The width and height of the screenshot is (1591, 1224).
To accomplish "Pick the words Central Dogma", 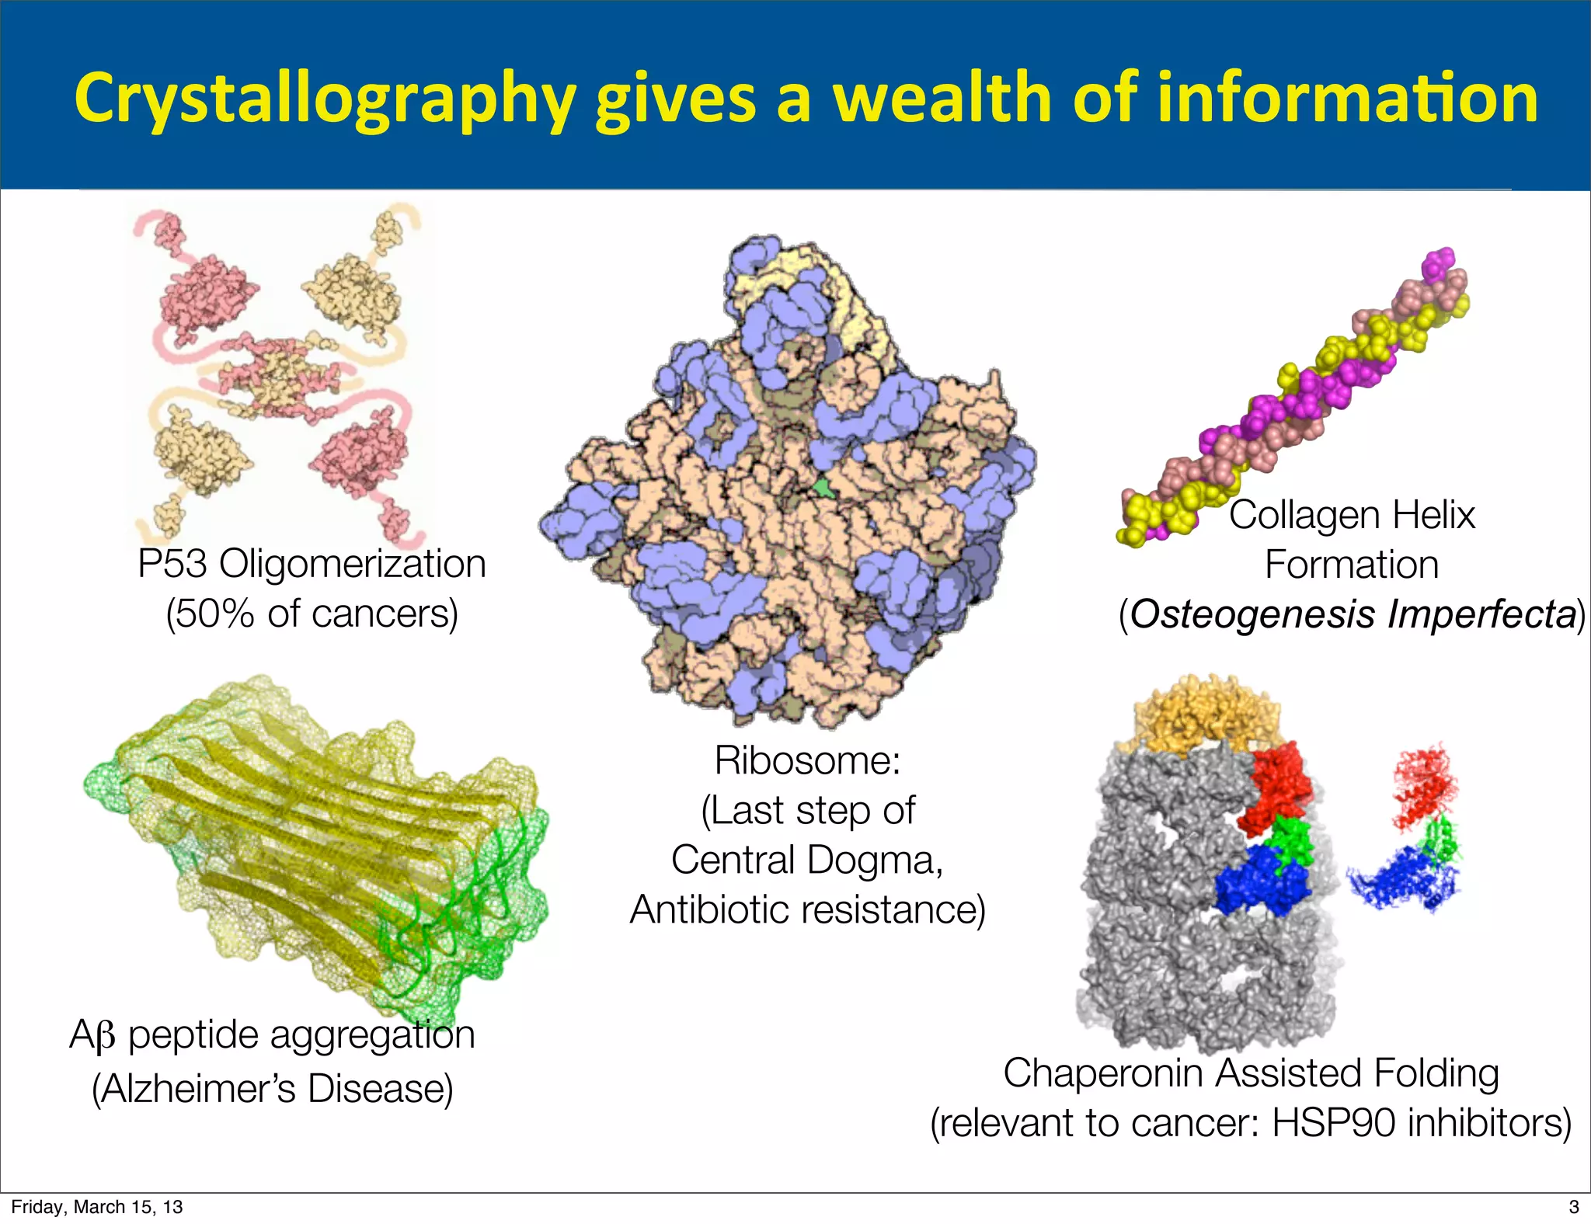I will click(x=806, y=860).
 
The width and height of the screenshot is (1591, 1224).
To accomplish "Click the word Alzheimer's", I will click(x=199, y=1089).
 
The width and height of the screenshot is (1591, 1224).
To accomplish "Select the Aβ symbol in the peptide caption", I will click(x=92, y=1035).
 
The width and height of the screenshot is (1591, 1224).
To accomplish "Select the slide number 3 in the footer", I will click(x=1574, y=1207).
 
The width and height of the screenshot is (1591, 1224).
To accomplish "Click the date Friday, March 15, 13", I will click(x=97, y=1207).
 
